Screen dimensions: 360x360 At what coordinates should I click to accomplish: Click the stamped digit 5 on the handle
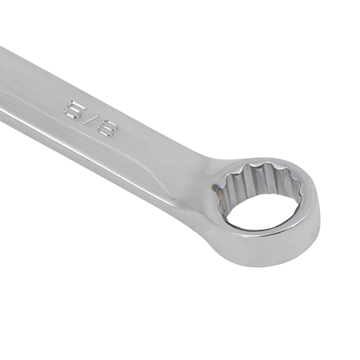pos(74,109)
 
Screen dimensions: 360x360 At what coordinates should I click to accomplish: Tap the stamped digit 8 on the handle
pos(107,127)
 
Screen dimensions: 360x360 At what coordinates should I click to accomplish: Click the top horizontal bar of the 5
pos(78,104)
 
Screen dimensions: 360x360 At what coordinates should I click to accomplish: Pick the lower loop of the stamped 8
pos(102,130)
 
